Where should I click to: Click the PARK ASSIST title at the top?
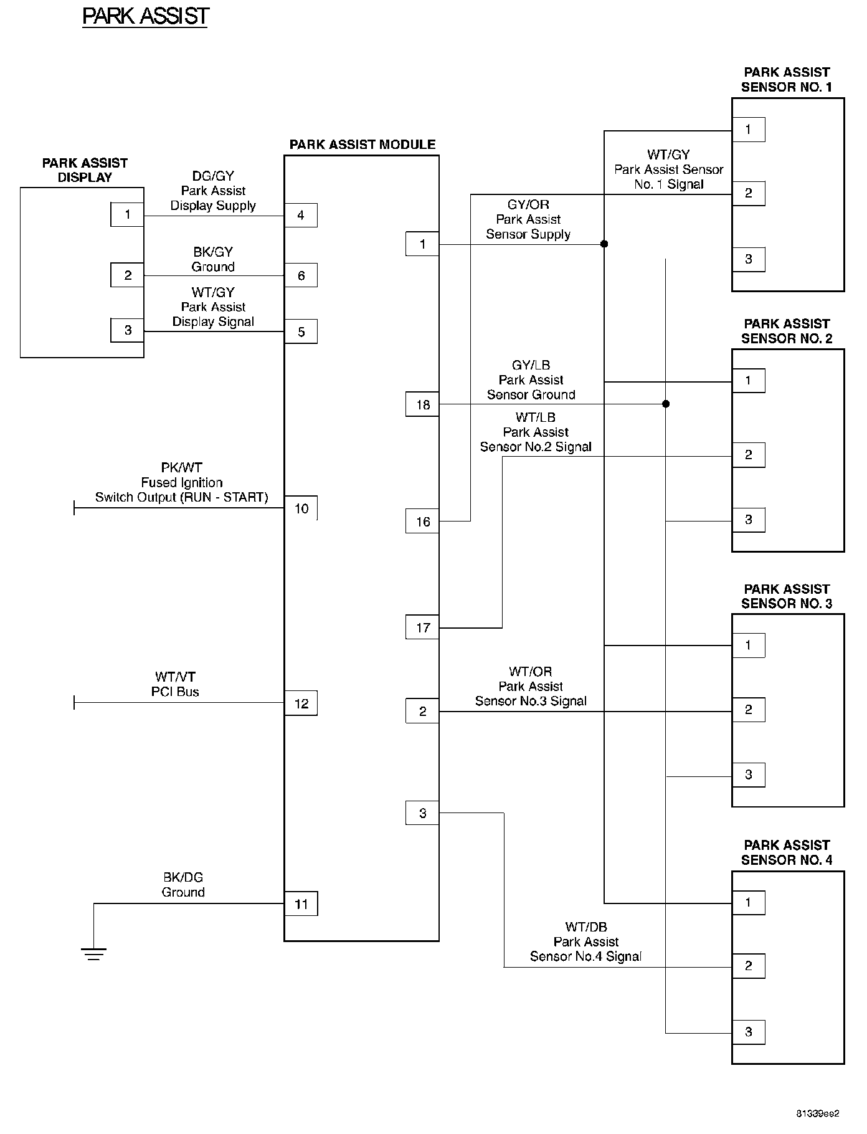(x=146, y=16)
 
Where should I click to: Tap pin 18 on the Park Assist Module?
(x=422, y=405)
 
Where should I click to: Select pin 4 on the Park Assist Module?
(x=301, y=216)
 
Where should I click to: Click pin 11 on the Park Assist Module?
(x=301, y=904)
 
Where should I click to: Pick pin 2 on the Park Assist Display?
(x=128, y=275)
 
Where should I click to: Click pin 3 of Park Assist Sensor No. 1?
(x=748, y=259)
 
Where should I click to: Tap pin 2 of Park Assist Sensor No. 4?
(x=748, y=966)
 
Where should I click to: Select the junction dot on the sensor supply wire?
(x=604, y=244)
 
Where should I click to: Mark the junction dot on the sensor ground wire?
(x=666, y=404)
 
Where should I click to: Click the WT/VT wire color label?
(x=175, y=677)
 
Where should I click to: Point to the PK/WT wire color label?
(x=181, y=468)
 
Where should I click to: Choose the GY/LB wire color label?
(x=531, y=365)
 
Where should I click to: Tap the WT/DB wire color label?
(x=585, y=927)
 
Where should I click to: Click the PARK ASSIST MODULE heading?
(x=362, y=145)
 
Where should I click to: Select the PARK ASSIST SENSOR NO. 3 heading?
(x=787, y=596)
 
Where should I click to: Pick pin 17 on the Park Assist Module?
(x=422, y=628)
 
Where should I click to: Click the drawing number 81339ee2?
(x=817, y=1113)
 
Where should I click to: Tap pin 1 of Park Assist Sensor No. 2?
(x=748, y=381)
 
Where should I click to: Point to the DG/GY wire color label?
(x=213, y=176)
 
